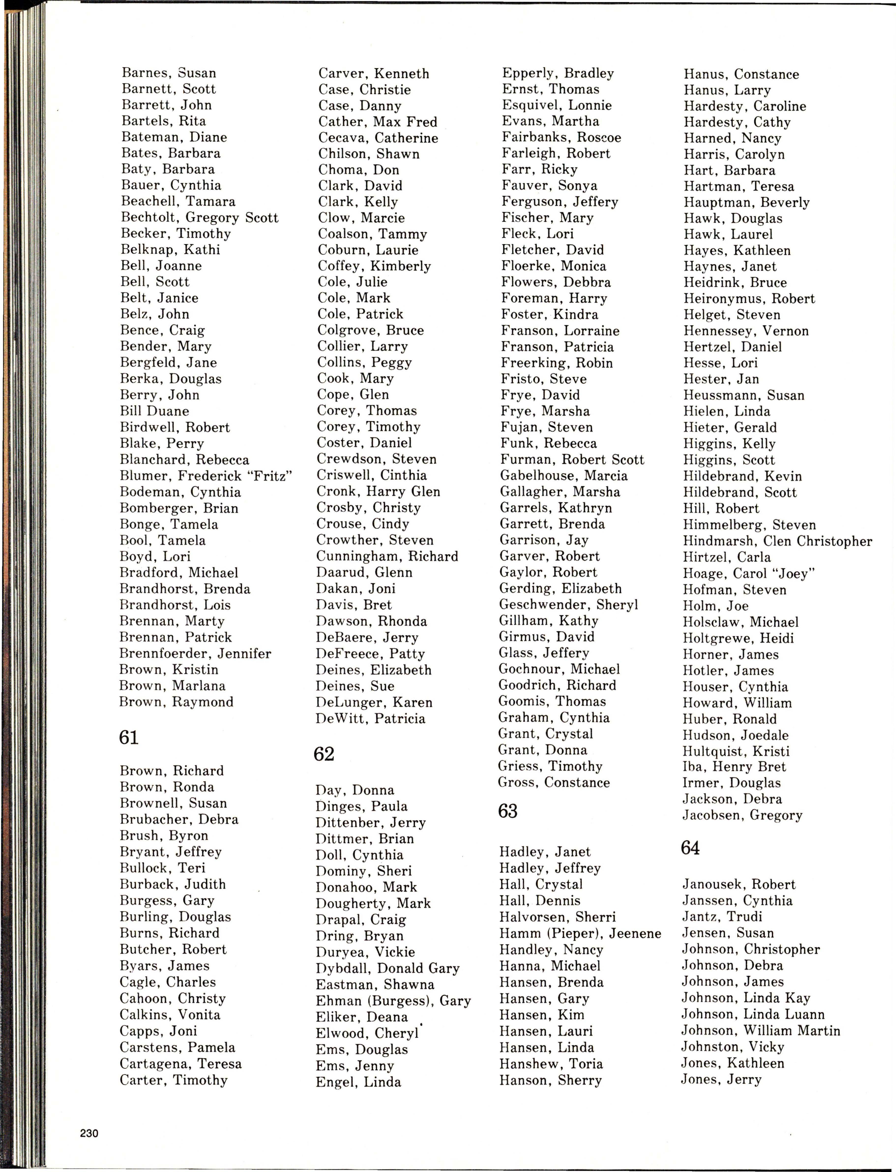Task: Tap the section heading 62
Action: (x=324, y=754)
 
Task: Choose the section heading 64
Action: (x=690, y=848)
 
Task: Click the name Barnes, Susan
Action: (x=169, y=73)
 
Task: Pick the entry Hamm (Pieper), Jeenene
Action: (x=580, y=933)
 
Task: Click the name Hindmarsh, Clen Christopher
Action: (x=777, y=541)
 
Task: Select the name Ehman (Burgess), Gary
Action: (x=393, y=1001)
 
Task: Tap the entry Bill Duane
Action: (x=155, y=411)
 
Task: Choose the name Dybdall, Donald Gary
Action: (x=387, y=968)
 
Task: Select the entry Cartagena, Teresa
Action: (x=180, y=1064)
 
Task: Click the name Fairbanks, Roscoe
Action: (x=561, y=138)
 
